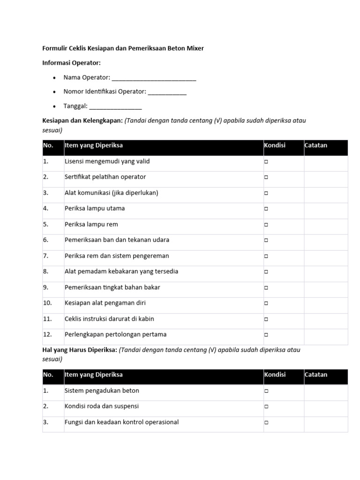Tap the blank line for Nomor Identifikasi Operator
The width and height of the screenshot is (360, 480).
point(167,93)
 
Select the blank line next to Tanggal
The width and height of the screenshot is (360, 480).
point(115,107)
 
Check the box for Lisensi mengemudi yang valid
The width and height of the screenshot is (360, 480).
point(266,162)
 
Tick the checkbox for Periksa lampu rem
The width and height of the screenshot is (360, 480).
point(266,225)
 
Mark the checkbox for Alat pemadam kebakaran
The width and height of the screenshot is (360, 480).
point(266,272)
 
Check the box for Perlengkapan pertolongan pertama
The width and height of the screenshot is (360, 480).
point(266,335)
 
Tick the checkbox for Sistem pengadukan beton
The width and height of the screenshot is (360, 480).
point(266,391)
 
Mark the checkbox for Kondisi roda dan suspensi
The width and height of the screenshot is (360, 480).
point(266,407)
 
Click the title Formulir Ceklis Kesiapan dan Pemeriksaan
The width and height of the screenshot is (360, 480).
point(123,48)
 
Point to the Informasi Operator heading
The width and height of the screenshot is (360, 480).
point(72,63)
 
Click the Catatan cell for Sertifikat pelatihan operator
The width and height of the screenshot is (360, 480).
point(326,177)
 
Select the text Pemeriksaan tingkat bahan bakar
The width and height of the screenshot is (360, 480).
point(112,287)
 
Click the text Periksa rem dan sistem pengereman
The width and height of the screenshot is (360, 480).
point(117,256)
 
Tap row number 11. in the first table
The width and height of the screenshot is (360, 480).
point(47,319)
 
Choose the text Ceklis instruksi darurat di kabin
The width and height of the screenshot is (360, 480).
point(109,319)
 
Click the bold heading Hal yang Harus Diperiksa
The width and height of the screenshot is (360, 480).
point(80,350)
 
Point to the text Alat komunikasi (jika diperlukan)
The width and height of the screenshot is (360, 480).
point(111,193)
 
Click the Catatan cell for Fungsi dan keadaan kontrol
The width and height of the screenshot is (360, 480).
point(326,422)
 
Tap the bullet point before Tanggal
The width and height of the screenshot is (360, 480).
point(55,106)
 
